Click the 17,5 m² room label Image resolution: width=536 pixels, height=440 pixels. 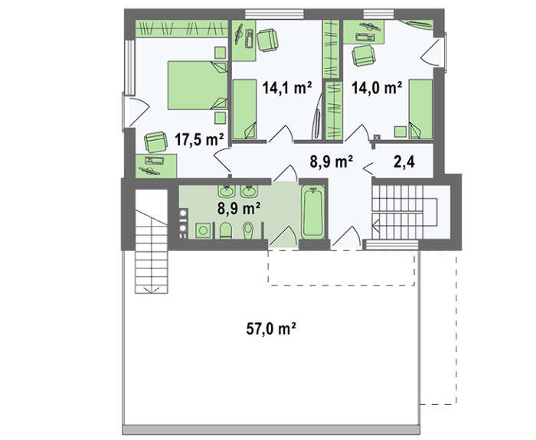[x=199, y=139]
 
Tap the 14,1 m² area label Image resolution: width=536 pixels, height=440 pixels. [x=287, y=88]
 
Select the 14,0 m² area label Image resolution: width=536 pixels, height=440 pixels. [x=377, y=88]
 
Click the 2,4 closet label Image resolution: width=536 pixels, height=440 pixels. [x=404, y=161]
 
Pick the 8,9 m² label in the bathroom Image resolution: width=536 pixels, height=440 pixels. [x=239, y=207]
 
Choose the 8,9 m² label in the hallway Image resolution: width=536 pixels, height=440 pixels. [x=332, y=161]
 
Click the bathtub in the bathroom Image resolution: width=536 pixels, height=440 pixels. [x=312, y=212]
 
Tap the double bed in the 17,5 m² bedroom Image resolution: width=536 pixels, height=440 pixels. [x=198, y=86]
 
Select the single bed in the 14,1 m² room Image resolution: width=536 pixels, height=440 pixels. [x=244, y=109]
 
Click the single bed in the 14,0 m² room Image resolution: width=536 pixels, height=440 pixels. [x=420, y=109]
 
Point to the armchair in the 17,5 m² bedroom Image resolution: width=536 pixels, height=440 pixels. [x=156, y=142]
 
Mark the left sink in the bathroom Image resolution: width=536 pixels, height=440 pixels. [x=227, y=191]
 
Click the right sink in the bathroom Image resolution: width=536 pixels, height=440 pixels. [x=249, y=191]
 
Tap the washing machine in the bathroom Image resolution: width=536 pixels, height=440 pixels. [x=203, y=230]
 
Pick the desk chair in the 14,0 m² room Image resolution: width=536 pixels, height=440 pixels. [x=364, y=55]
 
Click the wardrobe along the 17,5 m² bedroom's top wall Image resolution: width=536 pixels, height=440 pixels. [x=182, y=28]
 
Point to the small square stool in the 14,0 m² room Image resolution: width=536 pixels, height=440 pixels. [x=400, y=132]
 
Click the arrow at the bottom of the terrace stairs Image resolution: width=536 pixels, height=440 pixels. [x=152, y=290]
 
